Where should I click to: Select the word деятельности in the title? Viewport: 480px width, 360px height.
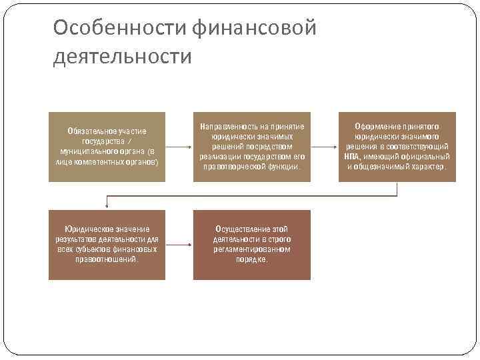click(x=122, y=57)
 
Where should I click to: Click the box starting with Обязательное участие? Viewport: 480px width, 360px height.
click(x=107, y=147)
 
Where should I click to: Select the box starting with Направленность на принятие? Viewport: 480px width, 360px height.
click(x=252, y=147)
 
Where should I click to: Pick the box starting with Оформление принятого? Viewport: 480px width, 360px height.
click(x=397, y=147)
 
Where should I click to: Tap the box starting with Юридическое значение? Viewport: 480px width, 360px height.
click(x=107, y=245)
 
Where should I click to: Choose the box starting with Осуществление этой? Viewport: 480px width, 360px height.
click(x=252, y=245)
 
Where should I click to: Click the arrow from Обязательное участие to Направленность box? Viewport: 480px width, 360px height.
click(x=179, y=147)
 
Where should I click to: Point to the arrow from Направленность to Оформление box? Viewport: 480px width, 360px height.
click(x=324, y=147)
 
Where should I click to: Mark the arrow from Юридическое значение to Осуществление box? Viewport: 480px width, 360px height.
click(x=179, y=245)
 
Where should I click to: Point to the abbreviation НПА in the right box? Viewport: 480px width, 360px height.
click(x=352, y=157)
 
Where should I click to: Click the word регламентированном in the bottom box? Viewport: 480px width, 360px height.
click(x=252, y=249)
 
